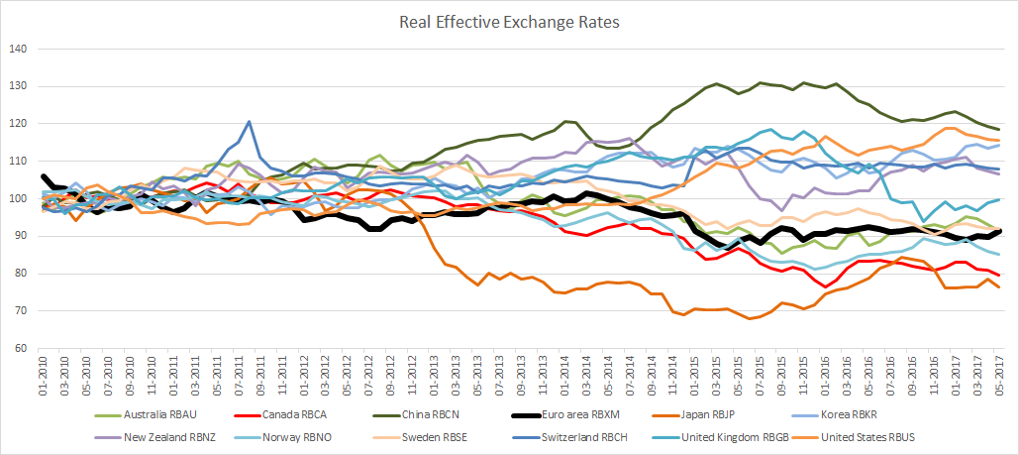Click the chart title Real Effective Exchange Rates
[508, 19]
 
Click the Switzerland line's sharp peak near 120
[249, 122]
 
